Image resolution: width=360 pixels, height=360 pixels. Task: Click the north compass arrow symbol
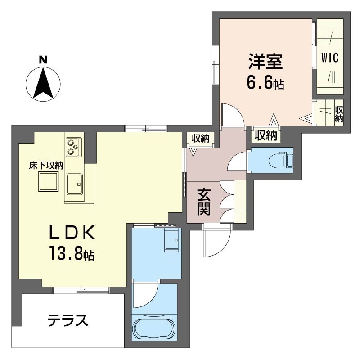point(43,84)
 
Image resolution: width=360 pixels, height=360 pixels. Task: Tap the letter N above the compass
point(43,60)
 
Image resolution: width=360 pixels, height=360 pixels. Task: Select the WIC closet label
point(330,58)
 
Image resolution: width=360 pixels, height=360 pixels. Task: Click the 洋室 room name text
point(265,62)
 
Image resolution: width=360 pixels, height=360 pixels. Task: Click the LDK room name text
point(72,233)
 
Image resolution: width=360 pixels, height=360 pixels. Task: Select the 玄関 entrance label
point(204,202)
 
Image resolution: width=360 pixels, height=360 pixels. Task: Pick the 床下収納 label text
point(46,166)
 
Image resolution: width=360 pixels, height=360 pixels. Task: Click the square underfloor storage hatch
point(48,182)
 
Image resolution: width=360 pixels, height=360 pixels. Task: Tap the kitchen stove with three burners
point(74,147)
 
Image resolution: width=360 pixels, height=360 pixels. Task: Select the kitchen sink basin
point(75,184)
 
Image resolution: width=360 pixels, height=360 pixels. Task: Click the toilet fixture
point(282,159)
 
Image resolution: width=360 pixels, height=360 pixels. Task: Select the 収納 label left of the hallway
point(201,139)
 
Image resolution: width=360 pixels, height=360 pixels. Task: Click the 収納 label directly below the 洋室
point(266,135)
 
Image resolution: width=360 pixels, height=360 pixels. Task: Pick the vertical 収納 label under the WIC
point(339,114)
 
